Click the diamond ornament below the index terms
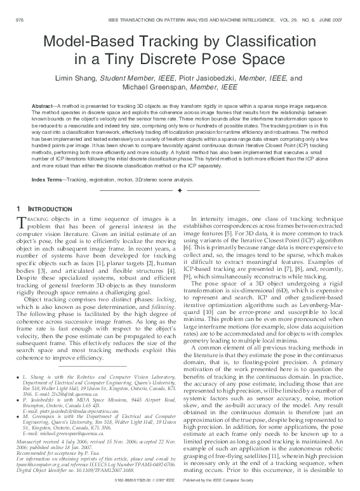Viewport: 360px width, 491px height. point(180,191)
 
